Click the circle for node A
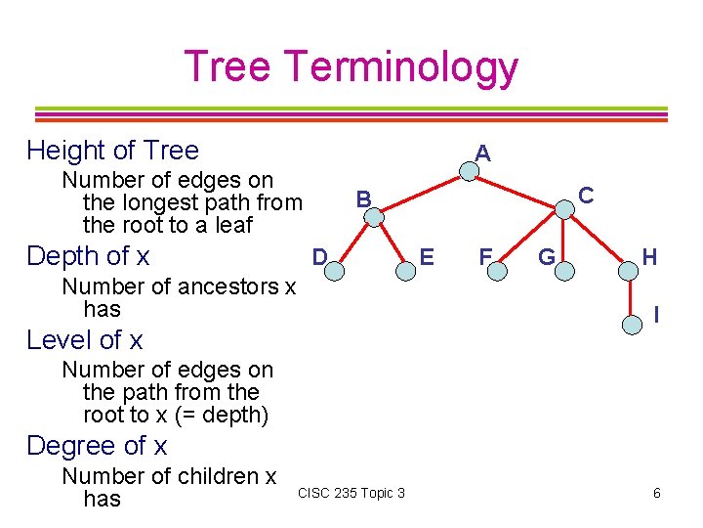tap(470, 172)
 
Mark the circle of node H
tap(625, 268)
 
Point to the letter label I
tap(656, 315)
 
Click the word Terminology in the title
tap(401, 66)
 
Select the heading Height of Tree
tap(112, 151)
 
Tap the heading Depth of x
tap(88, 256)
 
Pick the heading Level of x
tap(85, 340)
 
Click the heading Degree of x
tap(97, 446)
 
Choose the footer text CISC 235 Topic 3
tap(351, 493)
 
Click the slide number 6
tap(657, 493)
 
